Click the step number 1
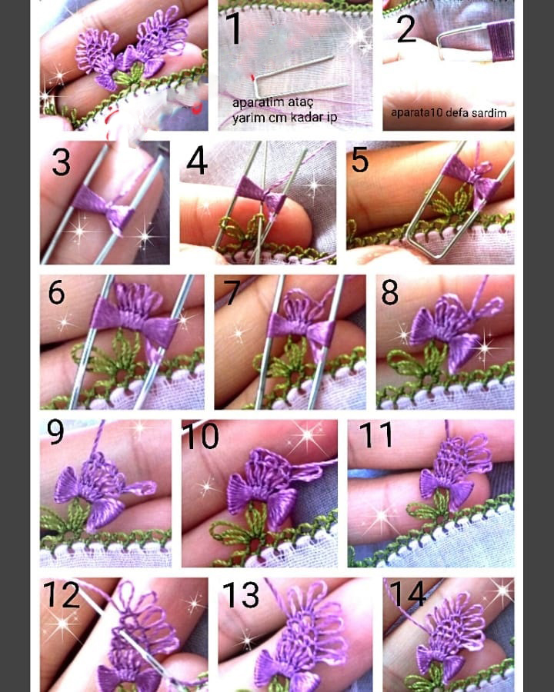click(234, 28)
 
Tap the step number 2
click(406, 28)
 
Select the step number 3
click(61, 162)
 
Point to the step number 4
click(197, 161)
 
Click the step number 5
click(359, 160)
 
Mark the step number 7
click(232, 291)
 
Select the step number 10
click(201, 436)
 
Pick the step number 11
click(376, 434)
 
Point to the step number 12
click(62, 594)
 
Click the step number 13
click(241, 594)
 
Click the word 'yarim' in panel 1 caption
click(248, 118)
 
